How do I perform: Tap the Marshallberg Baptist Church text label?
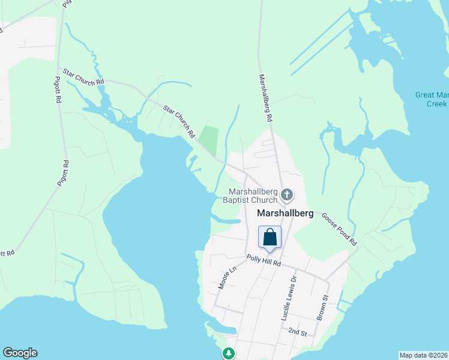tap(252, 196)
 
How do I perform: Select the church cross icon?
tap(287, 194)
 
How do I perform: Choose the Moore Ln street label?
tap(224, 278)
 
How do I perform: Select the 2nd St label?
tap(297, 332)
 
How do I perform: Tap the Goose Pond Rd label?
tap(340, 229)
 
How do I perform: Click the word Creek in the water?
tap(436, 104)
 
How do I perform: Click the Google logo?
tap(20, 353)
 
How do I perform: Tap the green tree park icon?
tap(228, 353)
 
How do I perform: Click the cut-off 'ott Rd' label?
tap(7, 254)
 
